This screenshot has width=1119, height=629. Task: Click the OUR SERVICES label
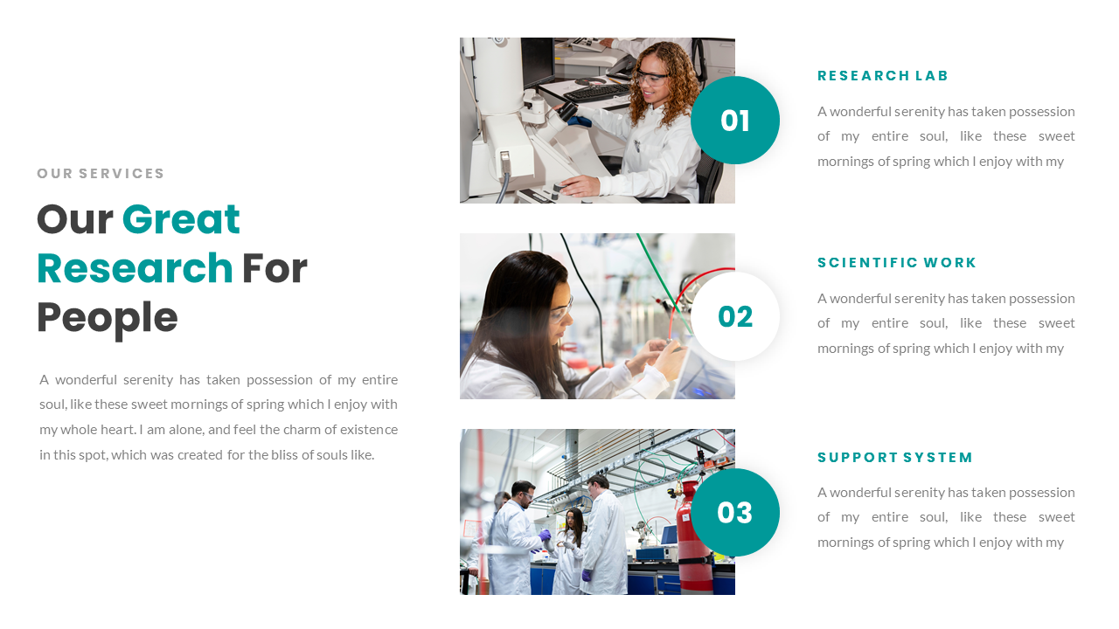pos(101,174)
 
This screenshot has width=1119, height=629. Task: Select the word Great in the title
pos(181,219)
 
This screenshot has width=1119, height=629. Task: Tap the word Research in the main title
pos(135,268)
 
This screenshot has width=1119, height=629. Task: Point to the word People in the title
pos(107,318)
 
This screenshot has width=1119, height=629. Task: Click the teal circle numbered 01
pos(734,121)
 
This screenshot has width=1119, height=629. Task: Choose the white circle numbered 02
pos(734,316)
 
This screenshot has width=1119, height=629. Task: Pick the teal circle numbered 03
pos(734,513)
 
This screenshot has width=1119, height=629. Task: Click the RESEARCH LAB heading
pos(883,76)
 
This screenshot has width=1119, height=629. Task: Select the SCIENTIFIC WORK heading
pos(897,263)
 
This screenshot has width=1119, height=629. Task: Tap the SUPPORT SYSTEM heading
pos(895,458)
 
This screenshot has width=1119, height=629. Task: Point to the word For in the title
pos(275,268)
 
